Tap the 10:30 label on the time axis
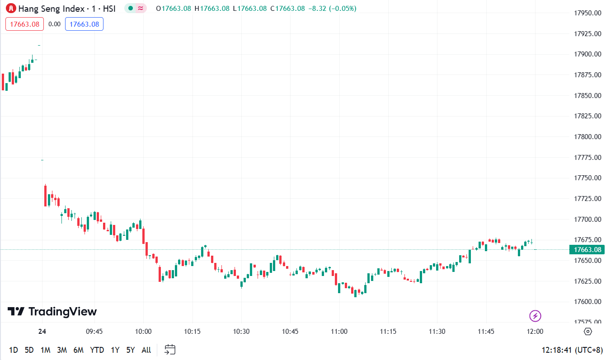click(241, 331)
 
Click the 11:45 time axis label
click(486, 331)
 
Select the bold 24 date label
click(42, 331)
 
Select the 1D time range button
click(14, 350)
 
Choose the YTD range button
click(97, 350)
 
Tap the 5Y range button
click(131, 350)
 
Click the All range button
click(146, 350)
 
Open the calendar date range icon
click(170, 349)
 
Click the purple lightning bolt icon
click(535, 316)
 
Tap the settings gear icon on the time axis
click(587, 332)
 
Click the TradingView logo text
click(52, 312)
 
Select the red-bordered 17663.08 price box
click(24, 24)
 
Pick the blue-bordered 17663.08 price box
click(84, 24)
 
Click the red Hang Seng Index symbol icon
click(11, 8)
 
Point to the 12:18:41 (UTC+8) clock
click(572, 350)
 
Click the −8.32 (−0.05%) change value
click(332, 8)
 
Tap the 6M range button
click(79, 350)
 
